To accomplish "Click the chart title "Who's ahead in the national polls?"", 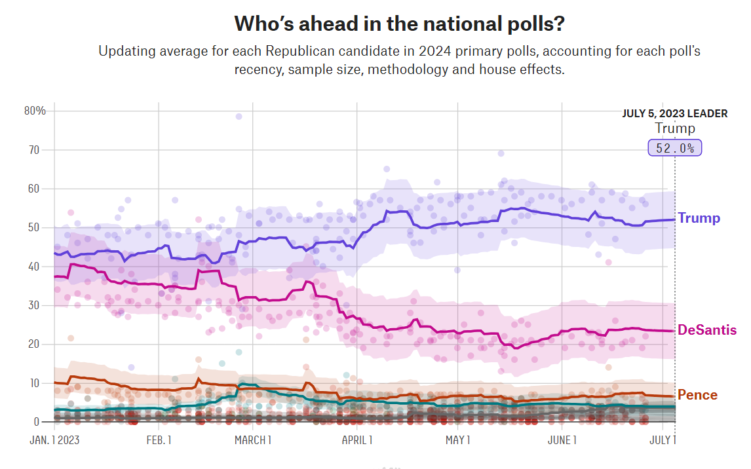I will [x=400, y=24].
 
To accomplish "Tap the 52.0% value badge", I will [x=675, y=148].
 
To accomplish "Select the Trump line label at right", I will [x=699, y=218].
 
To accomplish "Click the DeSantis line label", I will [x=707, y=330].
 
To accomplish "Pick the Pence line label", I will [x=697, y=395].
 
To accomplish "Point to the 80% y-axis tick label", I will [x=35, y=111].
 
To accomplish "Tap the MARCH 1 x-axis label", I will [x=253, y=440].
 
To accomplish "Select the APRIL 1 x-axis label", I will [x=357, y=440].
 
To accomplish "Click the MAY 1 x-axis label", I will [x=458, y=440].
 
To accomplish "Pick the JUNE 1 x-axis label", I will [x=561, y=440].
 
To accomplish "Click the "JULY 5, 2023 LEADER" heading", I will [x=674, y=113].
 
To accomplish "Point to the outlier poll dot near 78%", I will [x=239, y=117].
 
